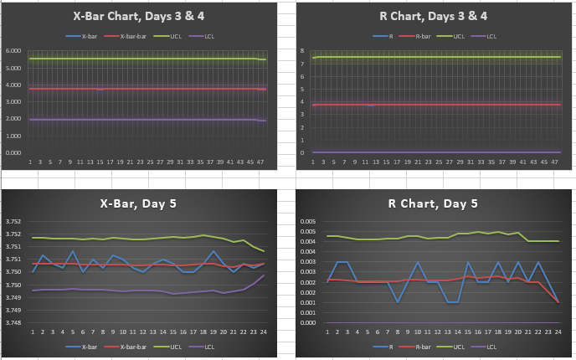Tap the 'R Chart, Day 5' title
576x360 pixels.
(x=435, y=203)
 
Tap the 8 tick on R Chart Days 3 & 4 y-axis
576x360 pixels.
(x=303, y=51)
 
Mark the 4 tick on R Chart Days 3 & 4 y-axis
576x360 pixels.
(x=303, y=102)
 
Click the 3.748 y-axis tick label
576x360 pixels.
(x=16, y=322)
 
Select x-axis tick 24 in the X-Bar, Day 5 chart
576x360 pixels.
(x=264, y=332)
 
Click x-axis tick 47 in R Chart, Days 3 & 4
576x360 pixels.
(x=556, y=161)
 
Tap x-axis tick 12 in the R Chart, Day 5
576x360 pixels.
(x=438, y=332)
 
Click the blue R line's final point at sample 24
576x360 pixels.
(x=558, y=302)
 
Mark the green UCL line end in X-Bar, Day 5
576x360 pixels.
(x=264, y=251)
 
